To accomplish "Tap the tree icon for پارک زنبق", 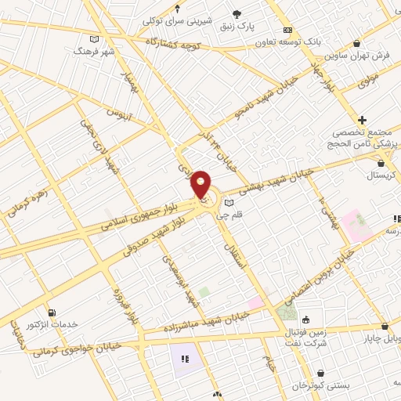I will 237,13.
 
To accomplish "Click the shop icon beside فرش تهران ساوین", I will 358,44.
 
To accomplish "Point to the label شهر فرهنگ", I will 94,50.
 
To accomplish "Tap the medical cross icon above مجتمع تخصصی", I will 362,120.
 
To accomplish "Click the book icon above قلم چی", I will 229,203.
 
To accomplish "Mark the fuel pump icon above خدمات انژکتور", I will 52,313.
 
